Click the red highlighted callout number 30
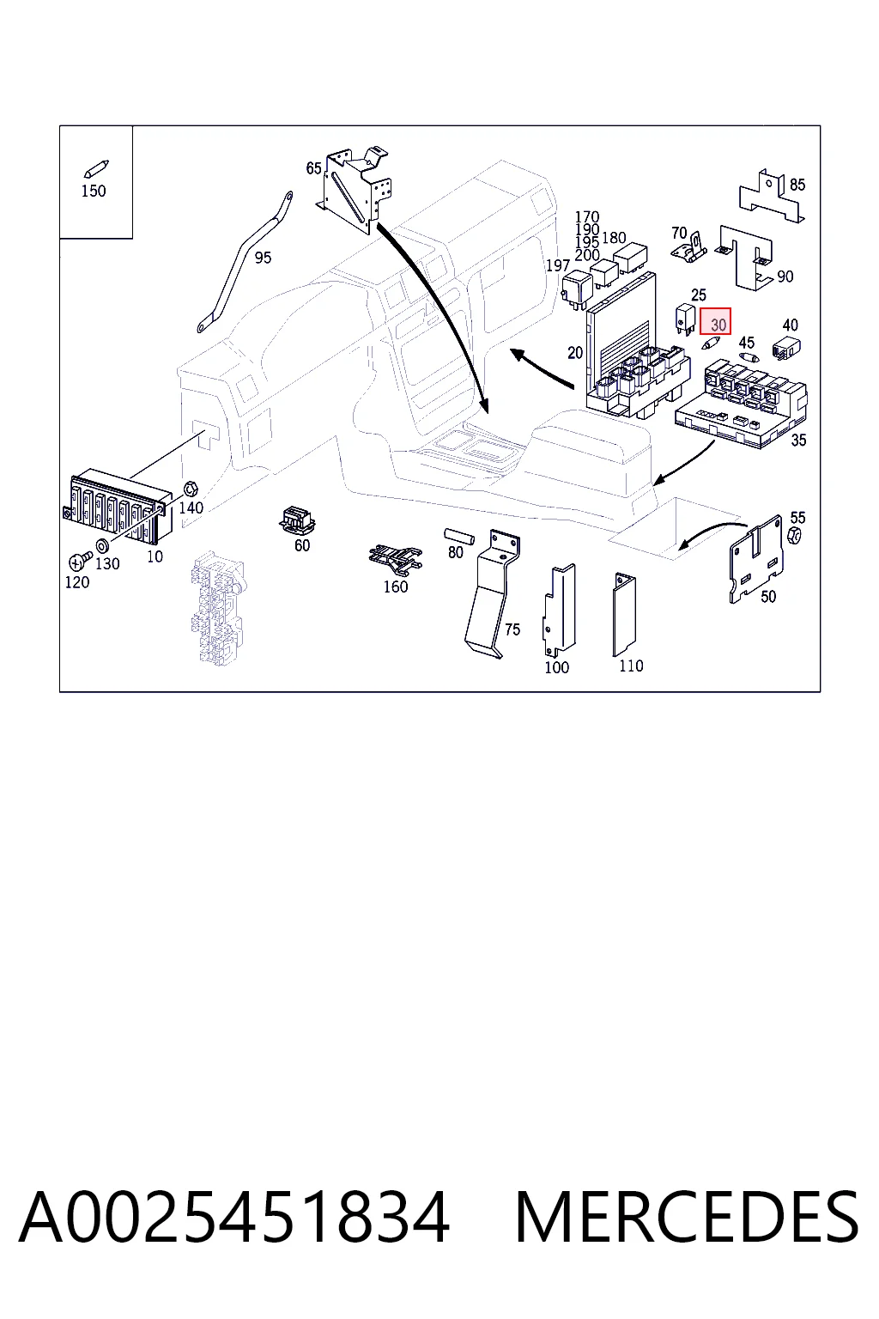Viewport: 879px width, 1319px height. [x=715, y=321]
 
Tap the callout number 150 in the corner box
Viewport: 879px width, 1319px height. [x=94, y=191]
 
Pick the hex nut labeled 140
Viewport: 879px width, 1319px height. [x=191, y=489]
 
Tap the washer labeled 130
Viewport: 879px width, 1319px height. [x=101, y=544]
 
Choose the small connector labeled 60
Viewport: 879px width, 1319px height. [x=297, y=520]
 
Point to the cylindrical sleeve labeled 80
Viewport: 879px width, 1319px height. [x=458, y=537]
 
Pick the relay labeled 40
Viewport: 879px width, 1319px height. [x=786, y=348]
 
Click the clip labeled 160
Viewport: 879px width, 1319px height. [x=395, y=559]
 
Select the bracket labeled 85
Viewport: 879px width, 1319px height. [x=771, y=196]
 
